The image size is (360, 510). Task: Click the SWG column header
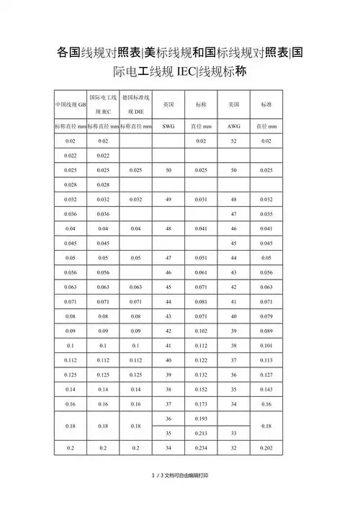pyautogui.click(x=168, y=126)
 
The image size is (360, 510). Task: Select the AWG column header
pyautogui.click(x=234, y=126)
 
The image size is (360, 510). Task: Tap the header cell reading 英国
pyautogui.click(x=168, y=104)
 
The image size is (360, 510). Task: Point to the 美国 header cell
pyautogui.click(x=234, y=104)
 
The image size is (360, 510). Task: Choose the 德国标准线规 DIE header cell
pyautogui.click(x=135, y=104)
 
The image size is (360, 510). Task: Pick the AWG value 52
pyautogui.click(x=234, y=141)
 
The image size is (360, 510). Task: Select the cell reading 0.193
pyautogui.click(x=201, y=419)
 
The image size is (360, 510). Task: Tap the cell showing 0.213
pyautogui.click(x=201, y=433)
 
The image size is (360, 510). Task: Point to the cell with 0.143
pyautogui.click(x=266, y=389)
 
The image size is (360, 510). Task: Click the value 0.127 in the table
pyautogui.click(x=266, y=375)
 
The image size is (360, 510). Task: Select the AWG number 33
pyautogui.click(x=234, y=433)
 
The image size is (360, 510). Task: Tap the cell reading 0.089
pyautogui.click(x=266, y=331)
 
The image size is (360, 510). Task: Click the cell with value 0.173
pyautogui.click(x=201, y=403)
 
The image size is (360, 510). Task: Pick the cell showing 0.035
pyautogui.click(x=266, y=214)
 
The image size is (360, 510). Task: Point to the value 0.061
pyautogui.click(x=201, y=272)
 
